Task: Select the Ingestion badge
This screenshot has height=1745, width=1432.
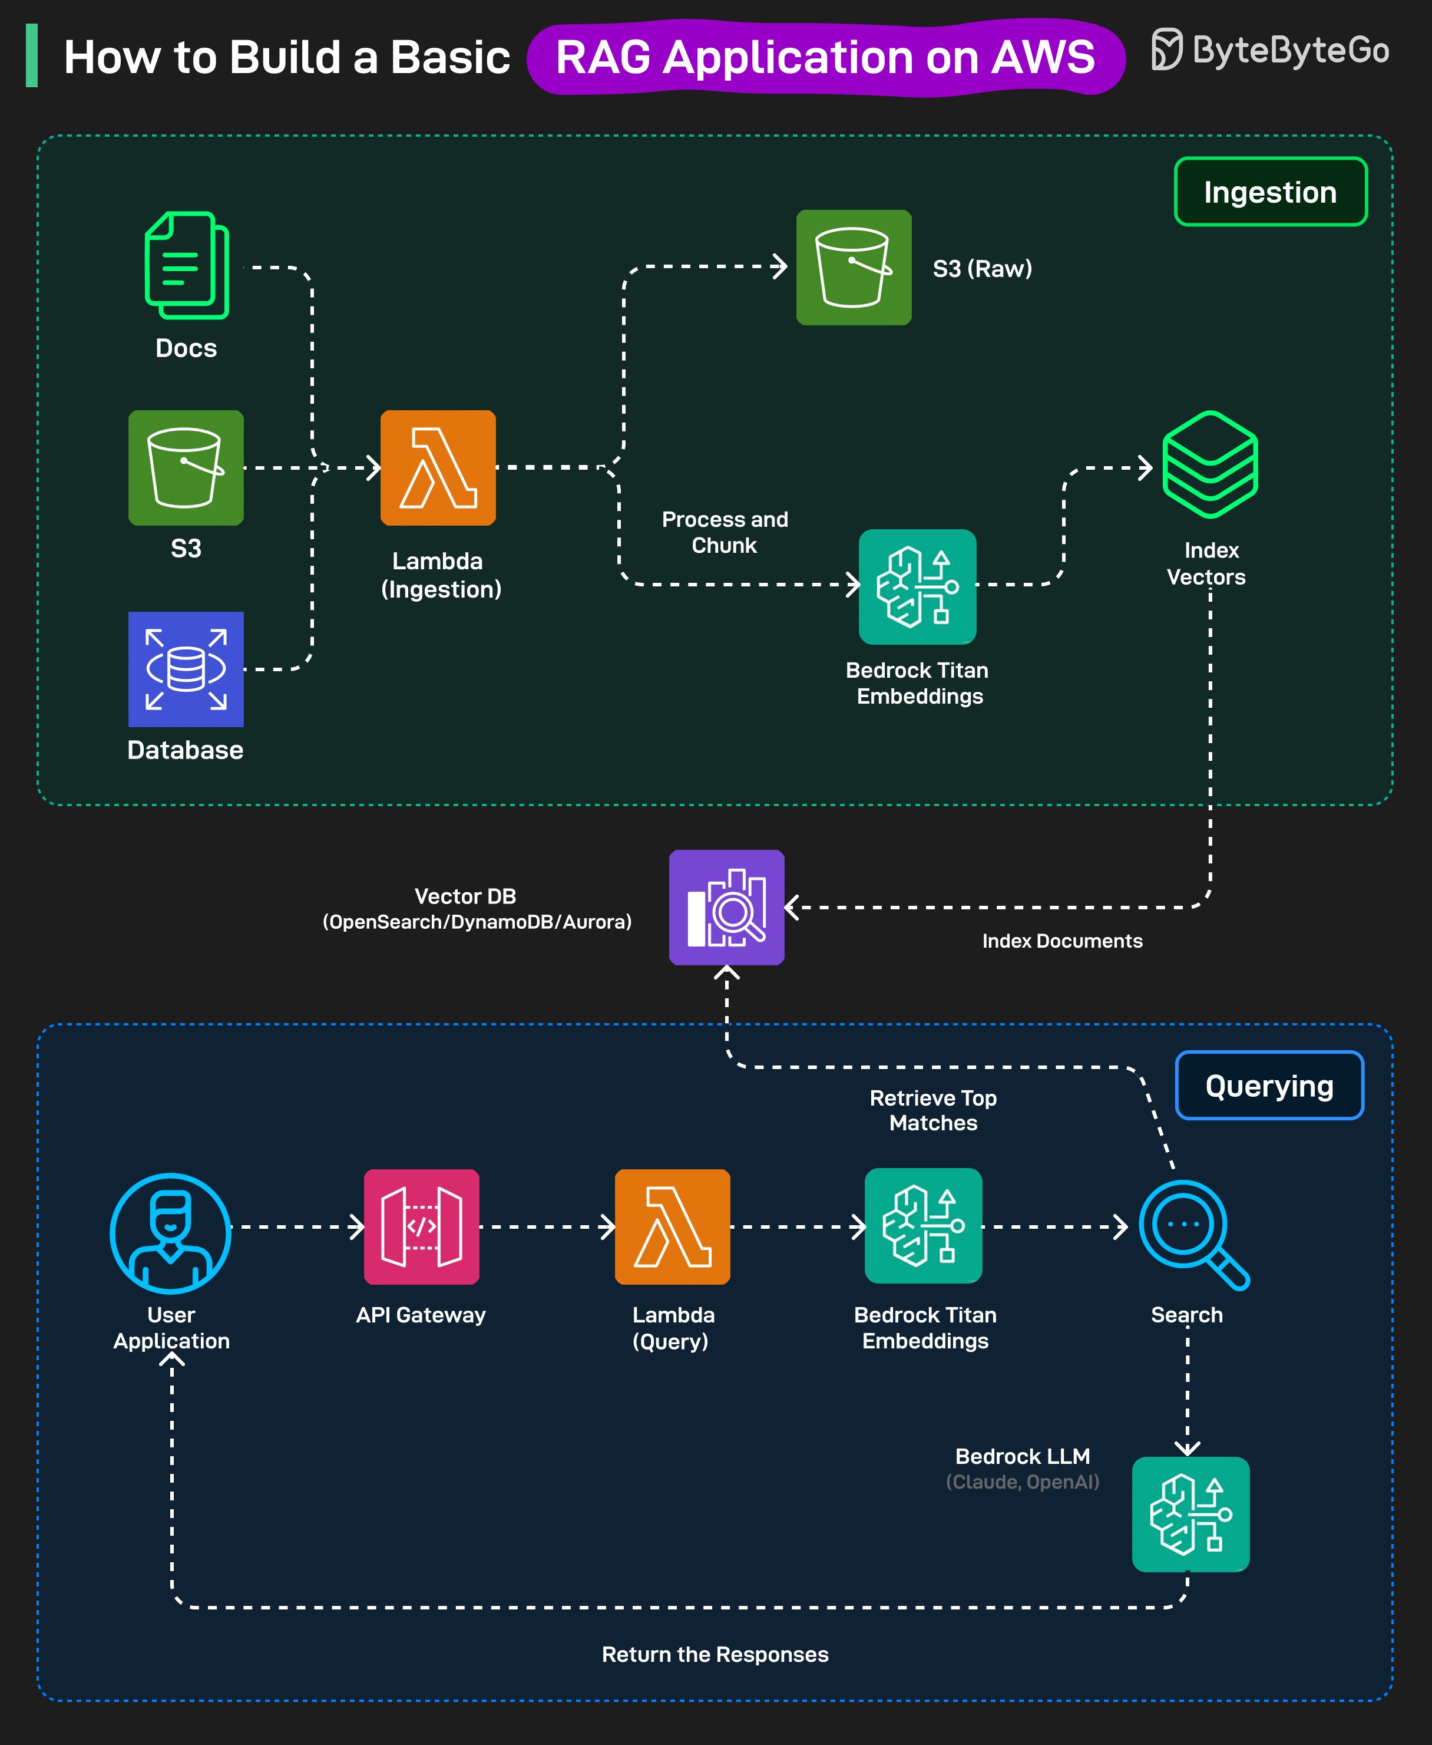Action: coord(1271,192)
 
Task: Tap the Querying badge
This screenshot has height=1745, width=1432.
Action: coord(1269,1086)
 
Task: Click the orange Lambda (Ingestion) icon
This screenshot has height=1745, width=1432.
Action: coord(438,468)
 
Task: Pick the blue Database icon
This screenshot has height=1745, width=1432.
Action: coord(186,669)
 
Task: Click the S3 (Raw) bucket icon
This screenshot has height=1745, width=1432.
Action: coord(854,268)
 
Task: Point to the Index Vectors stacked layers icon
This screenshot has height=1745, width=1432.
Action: coord(1209,464)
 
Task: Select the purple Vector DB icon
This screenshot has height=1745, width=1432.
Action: coord(726,908)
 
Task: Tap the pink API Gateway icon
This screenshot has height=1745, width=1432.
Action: coord(422,1227)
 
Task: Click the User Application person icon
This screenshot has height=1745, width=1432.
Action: coord(171,1233)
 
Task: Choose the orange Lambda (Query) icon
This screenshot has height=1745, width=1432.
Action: coord(672,1227)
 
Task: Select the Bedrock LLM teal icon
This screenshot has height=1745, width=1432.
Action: coord(1190,1514)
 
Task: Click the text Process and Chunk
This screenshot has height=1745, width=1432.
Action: coord(725,532)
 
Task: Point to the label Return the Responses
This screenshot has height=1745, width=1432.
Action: coord(715,1654)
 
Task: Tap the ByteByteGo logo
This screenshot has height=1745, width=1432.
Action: coord(1271,50)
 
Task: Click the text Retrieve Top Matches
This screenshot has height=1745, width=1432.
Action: coord(933,1110)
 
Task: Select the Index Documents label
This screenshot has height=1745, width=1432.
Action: coord(1061,941)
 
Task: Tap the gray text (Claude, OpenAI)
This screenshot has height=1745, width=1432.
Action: coord(1022,1482)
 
